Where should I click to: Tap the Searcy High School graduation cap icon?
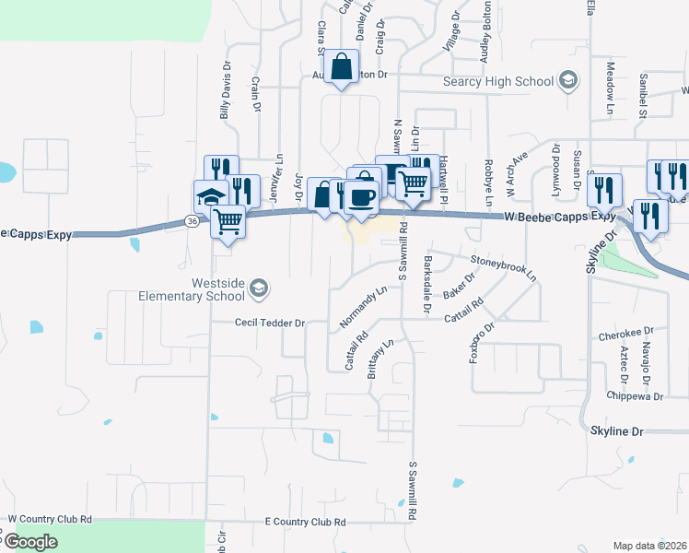pos(568,82)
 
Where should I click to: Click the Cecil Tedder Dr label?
pos(269,324)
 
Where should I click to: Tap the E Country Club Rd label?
pos(304,522)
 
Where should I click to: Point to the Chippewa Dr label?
pos(635,397)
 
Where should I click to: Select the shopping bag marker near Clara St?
pos(341,66)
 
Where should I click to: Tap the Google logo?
pos(30,541)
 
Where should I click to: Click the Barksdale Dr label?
pos(426,285)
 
